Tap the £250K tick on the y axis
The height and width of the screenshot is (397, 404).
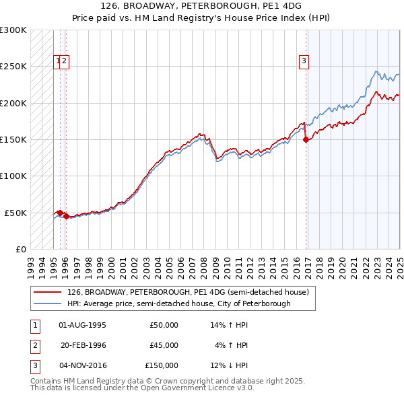point(13,67)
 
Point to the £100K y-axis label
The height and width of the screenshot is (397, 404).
point(13,176)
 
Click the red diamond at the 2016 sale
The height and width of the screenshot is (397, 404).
point(306,140)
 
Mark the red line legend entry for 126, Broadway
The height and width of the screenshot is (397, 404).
point(187,293)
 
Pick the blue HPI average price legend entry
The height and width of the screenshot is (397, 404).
point(178,303)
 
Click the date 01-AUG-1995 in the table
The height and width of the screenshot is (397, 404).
point(83,325)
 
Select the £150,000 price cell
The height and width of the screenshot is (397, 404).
point(162,365)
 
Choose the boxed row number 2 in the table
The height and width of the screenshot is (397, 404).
point(35,345)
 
